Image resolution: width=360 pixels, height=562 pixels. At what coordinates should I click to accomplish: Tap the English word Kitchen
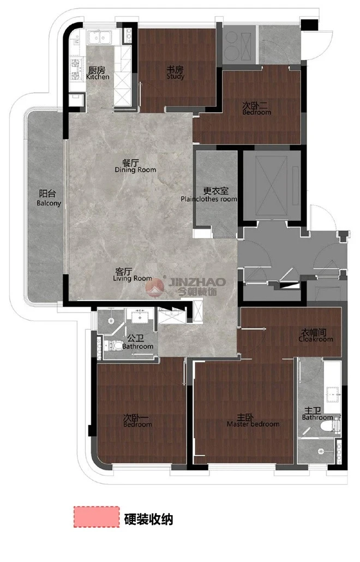98,77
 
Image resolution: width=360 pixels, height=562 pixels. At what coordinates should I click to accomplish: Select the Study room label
175,72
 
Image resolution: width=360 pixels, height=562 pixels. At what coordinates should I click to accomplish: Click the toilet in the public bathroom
113,346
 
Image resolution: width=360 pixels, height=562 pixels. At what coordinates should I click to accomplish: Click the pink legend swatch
97,516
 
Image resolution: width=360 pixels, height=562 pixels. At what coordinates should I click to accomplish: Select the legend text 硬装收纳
148,519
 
